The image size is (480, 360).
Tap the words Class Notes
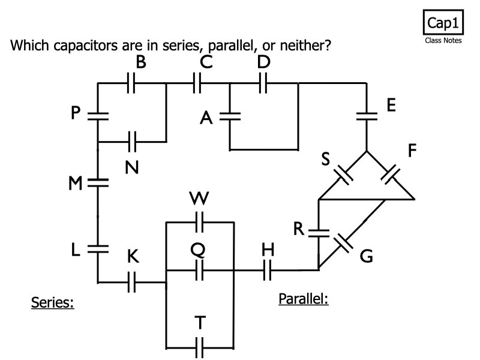tap(443, 41)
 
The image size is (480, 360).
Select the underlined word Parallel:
tap(304, 298)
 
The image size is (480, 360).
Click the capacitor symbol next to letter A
tap(230, 116)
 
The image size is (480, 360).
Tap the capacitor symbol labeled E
tap(366, 116)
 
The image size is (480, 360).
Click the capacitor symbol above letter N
tap(133, 142)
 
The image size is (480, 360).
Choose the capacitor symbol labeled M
tap(97, 182)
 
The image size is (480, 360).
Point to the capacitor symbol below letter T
tap(200, 347)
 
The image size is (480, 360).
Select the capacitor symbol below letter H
tap(267, 271)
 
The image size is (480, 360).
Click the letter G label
tap(367, 257)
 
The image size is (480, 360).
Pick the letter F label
tap(412, 150)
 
